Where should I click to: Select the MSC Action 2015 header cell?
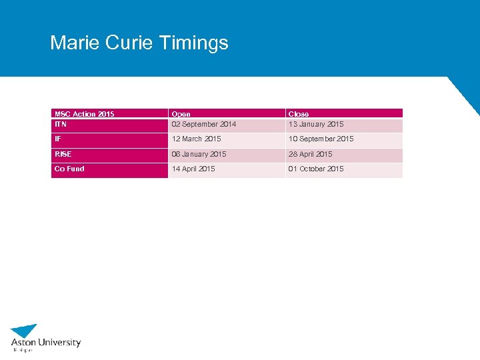coord(84,114)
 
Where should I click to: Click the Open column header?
coord(181,114)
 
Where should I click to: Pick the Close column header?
coord(298,114)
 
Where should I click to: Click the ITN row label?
coord(61,124)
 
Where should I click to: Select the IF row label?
coord(58,139)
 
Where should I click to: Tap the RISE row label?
coord(63,154)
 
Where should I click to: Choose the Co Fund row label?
coord(69,169)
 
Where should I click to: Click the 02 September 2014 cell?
coord(203,124)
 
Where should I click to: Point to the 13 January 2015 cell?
coord(315,124)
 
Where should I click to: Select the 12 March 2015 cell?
coord(196,139)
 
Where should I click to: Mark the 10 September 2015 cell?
coord(321,139)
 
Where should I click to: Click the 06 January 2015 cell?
coord(199,154)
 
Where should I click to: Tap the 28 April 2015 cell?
coord(310,154)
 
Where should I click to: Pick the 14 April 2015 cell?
coord(193,169)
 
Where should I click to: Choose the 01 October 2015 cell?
coord(315,169)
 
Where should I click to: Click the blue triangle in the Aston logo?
coord(25,331)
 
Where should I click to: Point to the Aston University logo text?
coord(46,343)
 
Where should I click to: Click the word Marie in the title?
coord(71,43)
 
